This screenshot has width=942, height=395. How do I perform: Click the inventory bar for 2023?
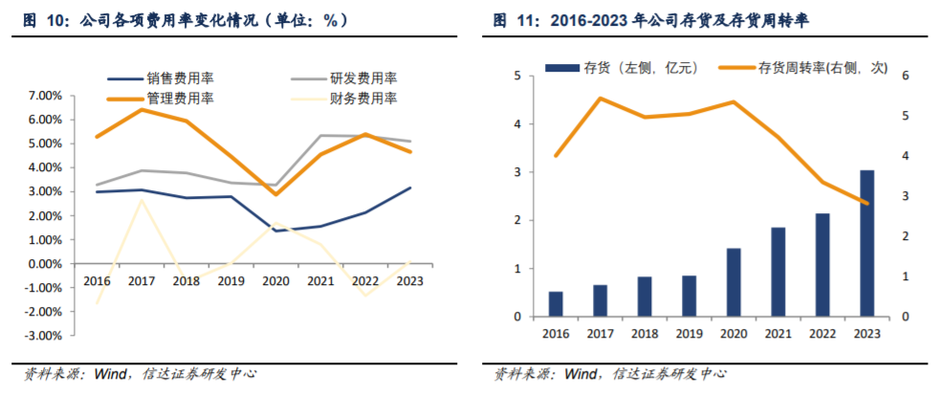tap(866, 243)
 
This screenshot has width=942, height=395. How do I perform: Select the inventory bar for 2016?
tap(556, 304)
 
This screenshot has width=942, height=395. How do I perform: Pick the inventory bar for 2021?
tap(778, 272)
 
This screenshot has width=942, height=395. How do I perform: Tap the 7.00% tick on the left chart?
tap(42, 96)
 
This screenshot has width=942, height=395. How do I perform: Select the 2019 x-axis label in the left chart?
tap(230, 281)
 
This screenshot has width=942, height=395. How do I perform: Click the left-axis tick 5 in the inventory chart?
tap(517, 77)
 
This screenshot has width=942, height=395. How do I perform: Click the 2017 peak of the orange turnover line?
tap(601, 99)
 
